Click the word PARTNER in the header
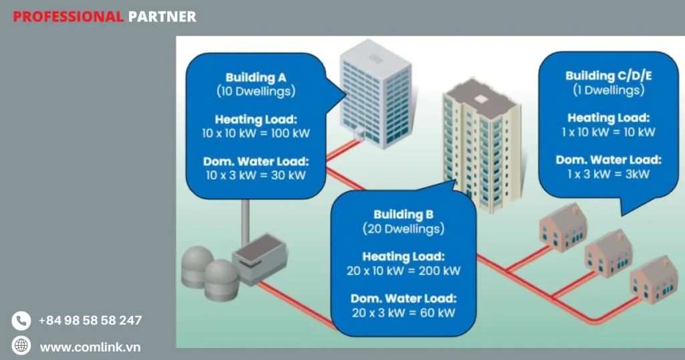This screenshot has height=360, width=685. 162,17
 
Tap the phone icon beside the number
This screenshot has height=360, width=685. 21,321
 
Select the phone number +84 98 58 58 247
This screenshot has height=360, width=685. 90,321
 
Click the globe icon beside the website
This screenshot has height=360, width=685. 21,346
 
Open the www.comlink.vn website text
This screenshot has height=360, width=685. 90,347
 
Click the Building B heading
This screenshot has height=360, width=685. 403,215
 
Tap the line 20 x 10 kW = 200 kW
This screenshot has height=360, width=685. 403,271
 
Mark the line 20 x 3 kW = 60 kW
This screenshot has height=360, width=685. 403,312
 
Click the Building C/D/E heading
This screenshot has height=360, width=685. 609,76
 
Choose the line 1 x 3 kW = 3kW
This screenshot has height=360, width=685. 609,173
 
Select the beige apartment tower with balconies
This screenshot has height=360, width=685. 482,147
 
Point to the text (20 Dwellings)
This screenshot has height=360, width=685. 403,229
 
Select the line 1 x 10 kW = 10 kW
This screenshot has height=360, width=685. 609,132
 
